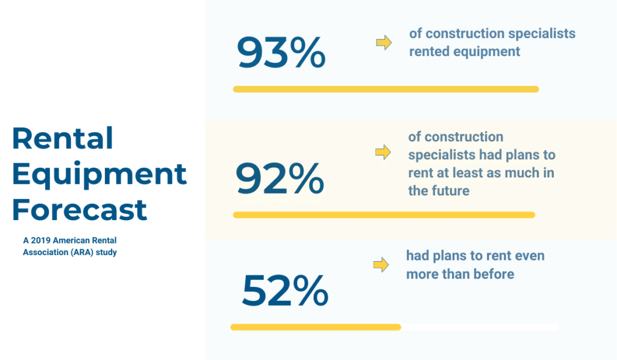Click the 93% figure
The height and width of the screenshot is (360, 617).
pos(281,52)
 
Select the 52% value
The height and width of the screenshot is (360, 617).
pos(285,290)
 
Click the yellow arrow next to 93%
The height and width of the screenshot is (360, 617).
pos(384,42)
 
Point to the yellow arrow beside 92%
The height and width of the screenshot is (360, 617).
pos(383,151)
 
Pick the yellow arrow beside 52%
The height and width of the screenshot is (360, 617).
pos(381,264)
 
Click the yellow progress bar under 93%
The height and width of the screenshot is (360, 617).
pos(386,89)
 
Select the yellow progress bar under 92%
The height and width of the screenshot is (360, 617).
pos(384,215)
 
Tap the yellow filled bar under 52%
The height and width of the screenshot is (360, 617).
pos(316,327)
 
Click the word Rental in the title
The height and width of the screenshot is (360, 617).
pos(63,138)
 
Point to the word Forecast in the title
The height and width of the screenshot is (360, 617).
pos(80,209)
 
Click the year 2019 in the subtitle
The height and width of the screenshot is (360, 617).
pos(40,240)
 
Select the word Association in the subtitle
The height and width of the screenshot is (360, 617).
pos(45,252)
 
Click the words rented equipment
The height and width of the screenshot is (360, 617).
pos(465,52)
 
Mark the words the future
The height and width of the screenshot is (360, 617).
pos(439,191)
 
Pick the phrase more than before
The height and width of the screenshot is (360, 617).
pos(460,274)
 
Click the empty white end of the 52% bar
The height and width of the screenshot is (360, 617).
pos(480,327)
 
